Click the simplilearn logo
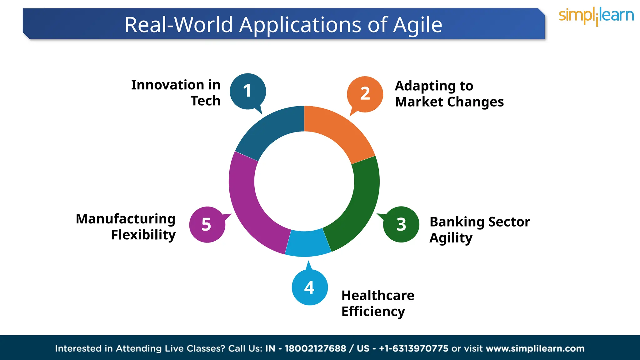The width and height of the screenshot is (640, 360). click(596, 16)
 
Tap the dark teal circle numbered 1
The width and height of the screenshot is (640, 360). click(247, 91)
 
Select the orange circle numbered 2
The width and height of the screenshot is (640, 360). click(365, 94)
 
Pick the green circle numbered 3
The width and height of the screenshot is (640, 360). click(401, 224)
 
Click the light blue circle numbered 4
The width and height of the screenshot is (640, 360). click(310, 287)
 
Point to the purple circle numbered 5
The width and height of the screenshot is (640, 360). click(207, 224)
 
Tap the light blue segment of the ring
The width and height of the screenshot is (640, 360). click(308, 244)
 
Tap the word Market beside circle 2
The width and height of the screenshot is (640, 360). click(419, 102)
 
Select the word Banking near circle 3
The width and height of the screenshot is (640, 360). click(457, 222)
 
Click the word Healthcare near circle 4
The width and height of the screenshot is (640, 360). click(377, 295)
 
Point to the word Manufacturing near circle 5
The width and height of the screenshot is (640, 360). click(126, 219)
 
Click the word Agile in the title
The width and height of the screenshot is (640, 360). click(417, 25)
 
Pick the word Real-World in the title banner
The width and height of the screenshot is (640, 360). click(179, 25)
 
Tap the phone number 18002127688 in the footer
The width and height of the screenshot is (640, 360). click(315, 348)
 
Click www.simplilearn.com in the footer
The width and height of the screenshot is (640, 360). click(535, 348)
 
